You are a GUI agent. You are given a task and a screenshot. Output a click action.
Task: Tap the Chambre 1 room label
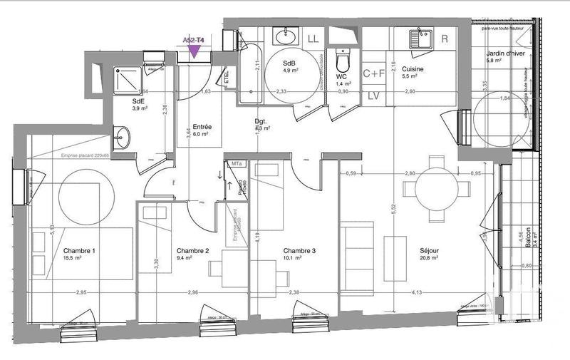click(79, 251)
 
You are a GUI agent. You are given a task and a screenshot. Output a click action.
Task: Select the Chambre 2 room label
click(192, 251)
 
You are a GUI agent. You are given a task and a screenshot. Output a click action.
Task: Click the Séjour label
click(429, 251)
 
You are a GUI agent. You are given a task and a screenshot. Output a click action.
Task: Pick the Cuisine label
click(414, 68)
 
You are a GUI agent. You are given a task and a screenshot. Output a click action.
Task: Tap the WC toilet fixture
click(341, 57)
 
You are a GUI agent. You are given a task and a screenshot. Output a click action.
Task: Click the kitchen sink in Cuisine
click(419, 36)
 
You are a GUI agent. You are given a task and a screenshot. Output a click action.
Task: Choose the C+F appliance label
click(373, 73)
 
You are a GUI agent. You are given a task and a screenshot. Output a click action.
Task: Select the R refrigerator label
click(445, 38)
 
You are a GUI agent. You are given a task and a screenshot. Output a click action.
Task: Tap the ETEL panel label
click(226, 76)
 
